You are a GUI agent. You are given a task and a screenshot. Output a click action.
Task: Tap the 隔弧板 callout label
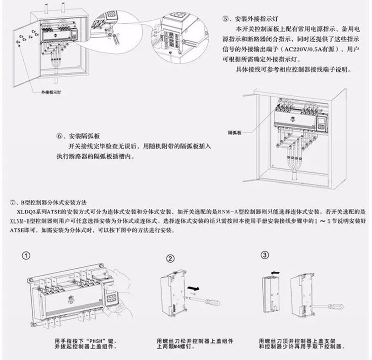pyautogui.click(x=235, y=133)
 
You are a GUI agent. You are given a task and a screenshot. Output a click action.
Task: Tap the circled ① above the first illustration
pyautogui.click(x=26, y=257)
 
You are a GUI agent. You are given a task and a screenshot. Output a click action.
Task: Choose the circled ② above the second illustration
pyautogui.click(x=170, y=258)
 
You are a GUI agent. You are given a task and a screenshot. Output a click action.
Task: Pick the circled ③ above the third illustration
pyautogui.click(x=265, y=256)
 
